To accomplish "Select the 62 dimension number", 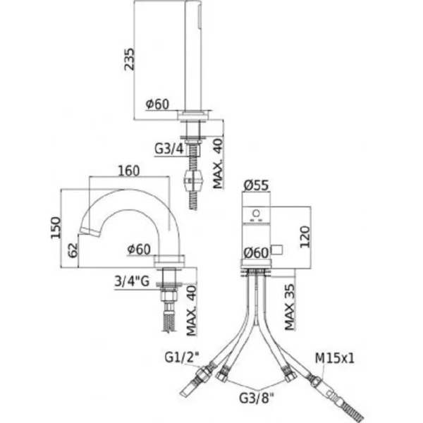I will point(73,248).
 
